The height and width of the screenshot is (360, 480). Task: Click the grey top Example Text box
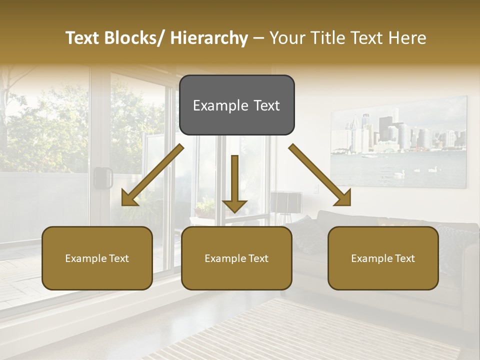pos(237,105)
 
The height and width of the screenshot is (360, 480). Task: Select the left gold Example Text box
pos(97,258)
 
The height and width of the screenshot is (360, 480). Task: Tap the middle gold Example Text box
pos(236,258)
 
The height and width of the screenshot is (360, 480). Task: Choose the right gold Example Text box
pos(383,258)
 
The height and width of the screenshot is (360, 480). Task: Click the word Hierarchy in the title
pos(209,38)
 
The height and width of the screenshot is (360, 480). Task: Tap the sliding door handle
pos(103,177)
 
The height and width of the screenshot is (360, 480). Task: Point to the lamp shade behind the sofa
pos(286,201)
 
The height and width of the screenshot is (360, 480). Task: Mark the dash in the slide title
pos(258,38)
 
